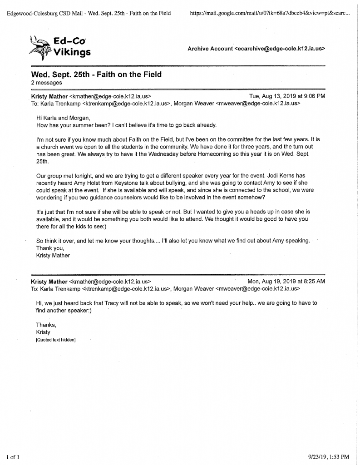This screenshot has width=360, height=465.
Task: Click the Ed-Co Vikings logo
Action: (59, 47)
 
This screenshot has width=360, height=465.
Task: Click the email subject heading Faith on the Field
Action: (96, 74)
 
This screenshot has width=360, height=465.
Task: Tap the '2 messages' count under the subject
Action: (47, 83)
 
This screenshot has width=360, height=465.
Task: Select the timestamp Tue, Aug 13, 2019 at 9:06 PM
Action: (287, 96)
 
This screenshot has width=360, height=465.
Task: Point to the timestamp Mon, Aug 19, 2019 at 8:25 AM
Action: (286, 282)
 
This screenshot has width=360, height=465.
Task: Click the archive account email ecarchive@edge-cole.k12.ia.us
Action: (281, 49)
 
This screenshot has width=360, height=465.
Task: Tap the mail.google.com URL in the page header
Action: (270, 13)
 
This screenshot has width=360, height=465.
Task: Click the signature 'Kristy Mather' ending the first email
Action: (53, 255)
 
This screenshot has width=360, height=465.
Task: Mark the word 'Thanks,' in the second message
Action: (46, 325)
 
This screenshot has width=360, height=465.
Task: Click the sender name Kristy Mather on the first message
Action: (49, 96)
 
